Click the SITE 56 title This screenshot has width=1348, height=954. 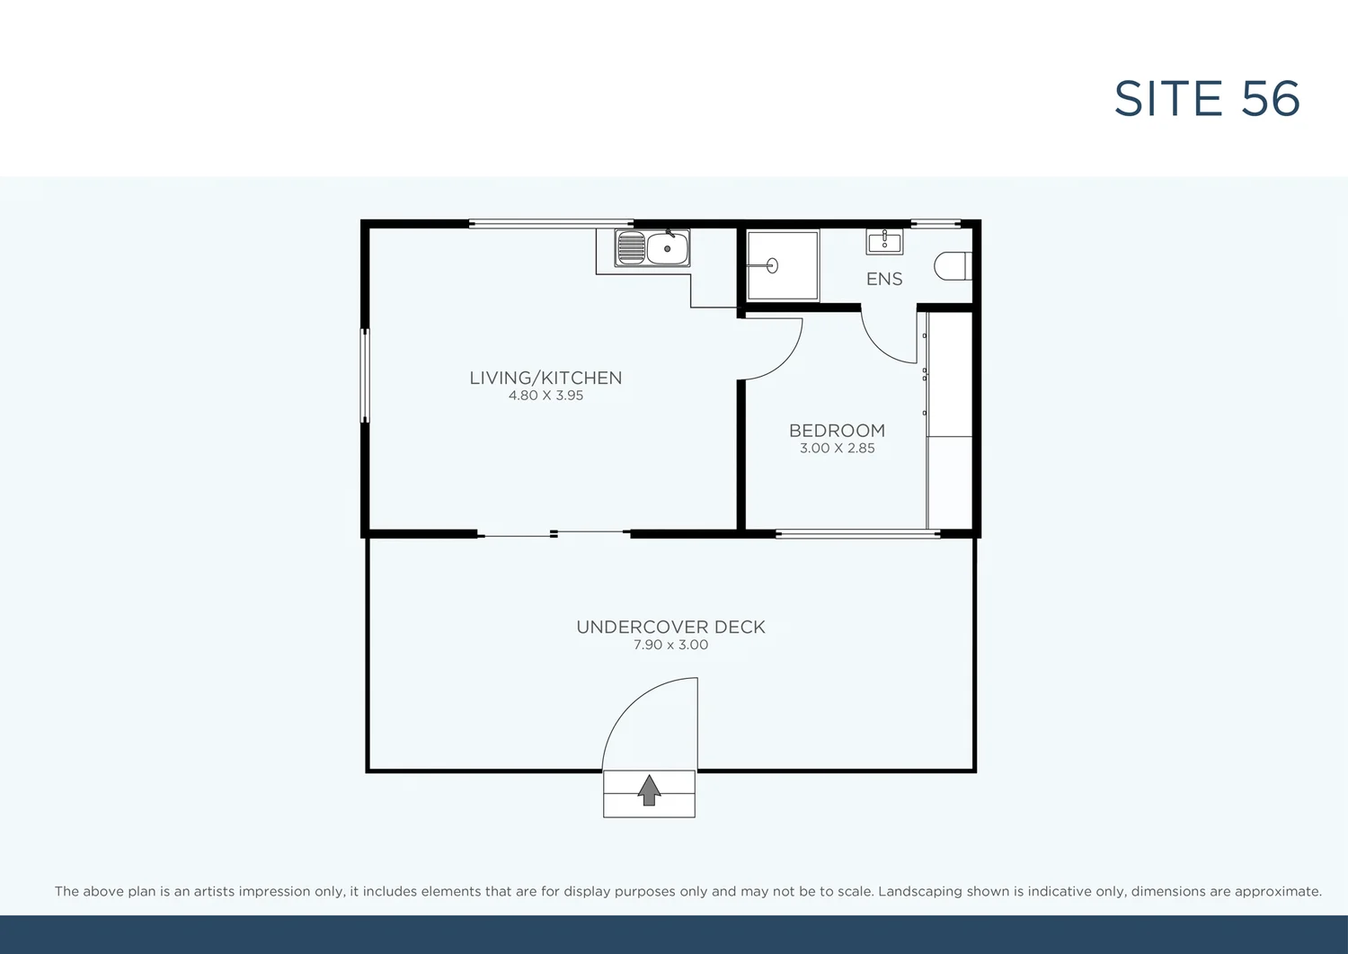(x=1207, y=99)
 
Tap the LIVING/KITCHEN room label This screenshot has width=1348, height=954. (x=545, y=378)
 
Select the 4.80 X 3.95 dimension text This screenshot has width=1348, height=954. (x=545, y=396)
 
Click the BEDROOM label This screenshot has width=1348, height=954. (x=837, y=431)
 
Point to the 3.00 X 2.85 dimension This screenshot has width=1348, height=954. (x=837, y=448)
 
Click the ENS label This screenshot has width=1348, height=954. (x=884, y=279)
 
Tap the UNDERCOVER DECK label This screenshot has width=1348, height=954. (x=670, y=627)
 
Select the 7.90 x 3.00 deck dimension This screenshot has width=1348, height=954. (x=670, y=645)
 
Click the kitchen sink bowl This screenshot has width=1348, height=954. (x=668, y=248)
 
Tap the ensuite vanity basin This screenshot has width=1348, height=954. (x=884, y=241)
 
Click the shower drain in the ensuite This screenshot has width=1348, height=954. (x=771, y=266)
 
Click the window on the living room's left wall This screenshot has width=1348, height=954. (x=365, y=375)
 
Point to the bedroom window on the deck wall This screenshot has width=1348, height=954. (x=858, y=534)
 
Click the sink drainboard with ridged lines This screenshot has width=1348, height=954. (x=631, y=248)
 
